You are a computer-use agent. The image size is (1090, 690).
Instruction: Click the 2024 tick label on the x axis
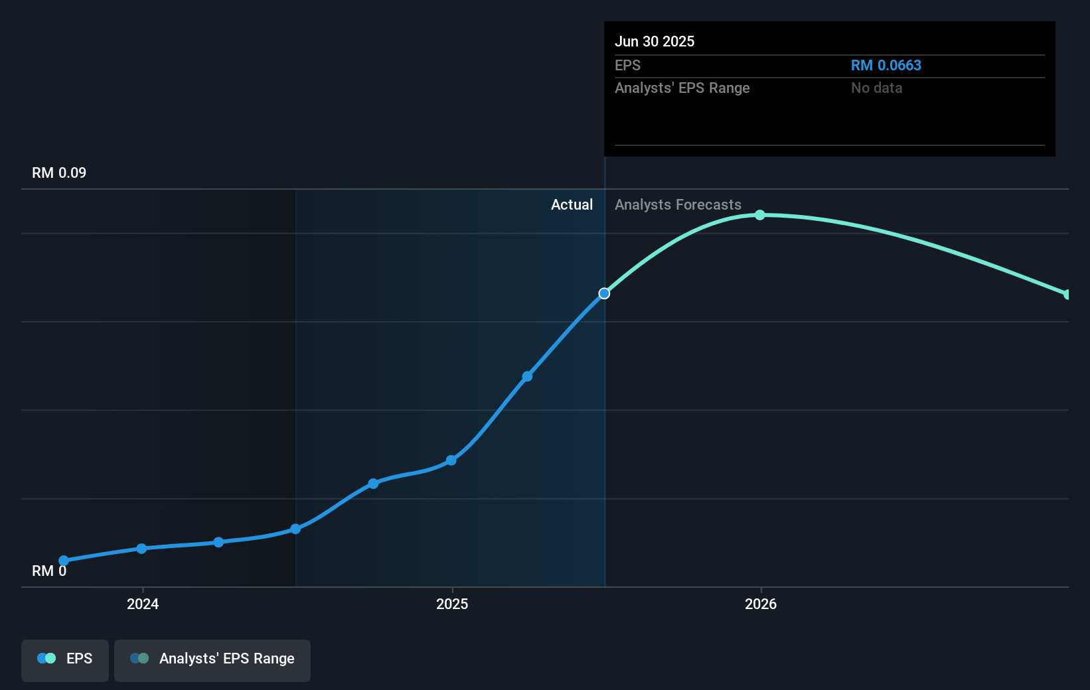pos(143,604)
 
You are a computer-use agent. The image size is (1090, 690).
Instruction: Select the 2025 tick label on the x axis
pos(452,604)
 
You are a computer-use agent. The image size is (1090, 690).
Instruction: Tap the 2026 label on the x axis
pos(761,604)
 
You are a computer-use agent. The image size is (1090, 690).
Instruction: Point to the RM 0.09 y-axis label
pos(59,173)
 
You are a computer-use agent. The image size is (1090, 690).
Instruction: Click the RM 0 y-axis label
pos(49,571)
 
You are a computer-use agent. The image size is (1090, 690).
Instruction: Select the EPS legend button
pos(65,659)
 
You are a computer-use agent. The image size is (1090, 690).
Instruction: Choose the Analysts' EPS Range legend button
pos(212,659)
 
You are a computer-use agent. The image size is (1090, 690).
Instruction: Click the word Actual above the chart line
pos(572,205)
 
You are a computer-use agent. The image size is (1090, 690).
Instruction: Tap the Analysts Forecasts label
pos(678,205)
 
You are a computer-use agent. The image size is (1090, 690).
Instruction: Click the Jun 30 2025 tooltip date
pos(655,42)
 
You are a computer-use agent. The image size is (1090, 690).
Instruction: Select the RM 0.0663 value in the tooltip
pos(886,66)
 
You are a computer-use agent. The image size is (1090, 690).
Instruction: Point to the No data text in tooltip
pos(876,88)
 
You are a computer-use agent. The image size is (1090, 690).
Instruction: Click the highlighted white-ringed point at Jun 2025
pos(604,293)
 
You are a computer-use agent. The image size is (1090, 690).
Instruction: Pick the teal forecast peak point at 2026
pos(760,215)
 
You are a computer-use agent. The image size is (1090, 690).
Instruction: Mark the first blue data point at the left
pos(64,561)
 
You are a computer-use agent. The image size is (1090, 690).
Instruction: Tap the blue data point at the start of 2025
pos(451,460)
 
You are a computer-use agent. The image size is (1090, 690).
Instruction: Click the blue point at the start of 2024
pos(141,549)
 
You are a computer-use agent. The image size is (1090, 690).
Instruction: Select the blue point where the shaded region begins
pos(296,529)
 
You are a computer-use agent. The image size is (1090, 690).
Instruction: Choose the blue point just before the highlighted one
pos(527,377)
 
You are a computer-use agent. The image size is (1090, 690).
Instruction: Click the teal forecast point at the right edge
pos(1067,295)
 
